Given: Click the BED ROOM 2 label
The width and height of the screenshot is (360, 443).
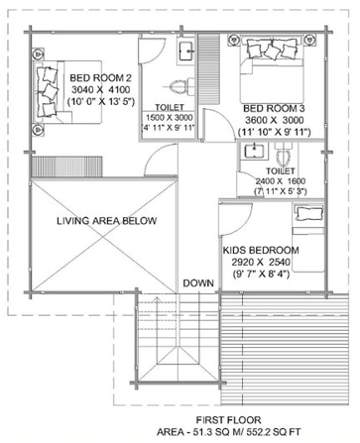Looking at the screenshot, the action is point(100,78).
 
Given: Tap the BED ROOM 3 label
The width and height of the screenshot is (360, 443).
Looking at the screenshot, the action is point(274,108).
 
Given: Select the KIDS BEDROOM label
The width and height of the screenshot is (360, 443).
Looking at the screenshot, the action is point(261,250).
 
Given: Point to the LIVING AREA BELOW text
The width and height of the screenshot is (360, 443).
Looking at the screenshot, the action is point(106,221).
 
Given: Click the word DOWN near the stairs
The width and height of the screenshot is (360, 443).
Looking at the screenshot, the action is point(198,283).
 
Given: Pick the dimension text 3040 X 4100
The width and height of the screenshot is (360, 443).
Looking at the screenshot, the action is point(101,89).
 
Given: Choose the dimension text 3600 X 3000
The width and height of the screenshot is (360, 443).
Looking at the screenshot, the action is point(275,120).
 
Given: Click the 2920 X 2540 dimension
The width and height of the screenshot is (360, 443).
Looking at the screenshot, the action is point(261,263).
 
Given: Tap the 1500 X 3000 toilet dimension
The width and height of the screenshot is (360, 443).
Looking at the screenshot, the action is point(170,118).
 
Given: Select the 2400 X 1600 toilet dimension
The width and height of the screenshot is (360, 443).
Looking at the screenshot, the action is point(281,181).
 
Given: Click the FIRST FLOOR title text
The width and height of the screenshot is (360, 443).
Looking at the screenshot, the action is point(228,420).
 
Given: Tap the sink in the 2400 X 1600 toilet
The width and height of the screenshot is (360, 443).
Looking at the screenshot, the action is point(254,152).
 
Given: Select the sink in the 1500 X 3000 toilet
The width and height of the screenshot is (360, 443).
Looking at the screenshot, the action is point(186,51).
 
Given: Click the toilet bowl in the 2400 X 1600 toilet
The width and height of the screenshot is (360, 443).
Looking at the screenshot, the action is point(284,156).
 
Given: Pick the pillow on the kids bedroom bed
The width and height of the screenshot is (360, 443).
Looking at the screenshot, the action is point(308,213).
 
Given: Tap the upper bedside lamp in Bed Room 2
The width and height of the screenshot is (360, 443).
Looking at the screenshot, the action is point(38,54).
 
